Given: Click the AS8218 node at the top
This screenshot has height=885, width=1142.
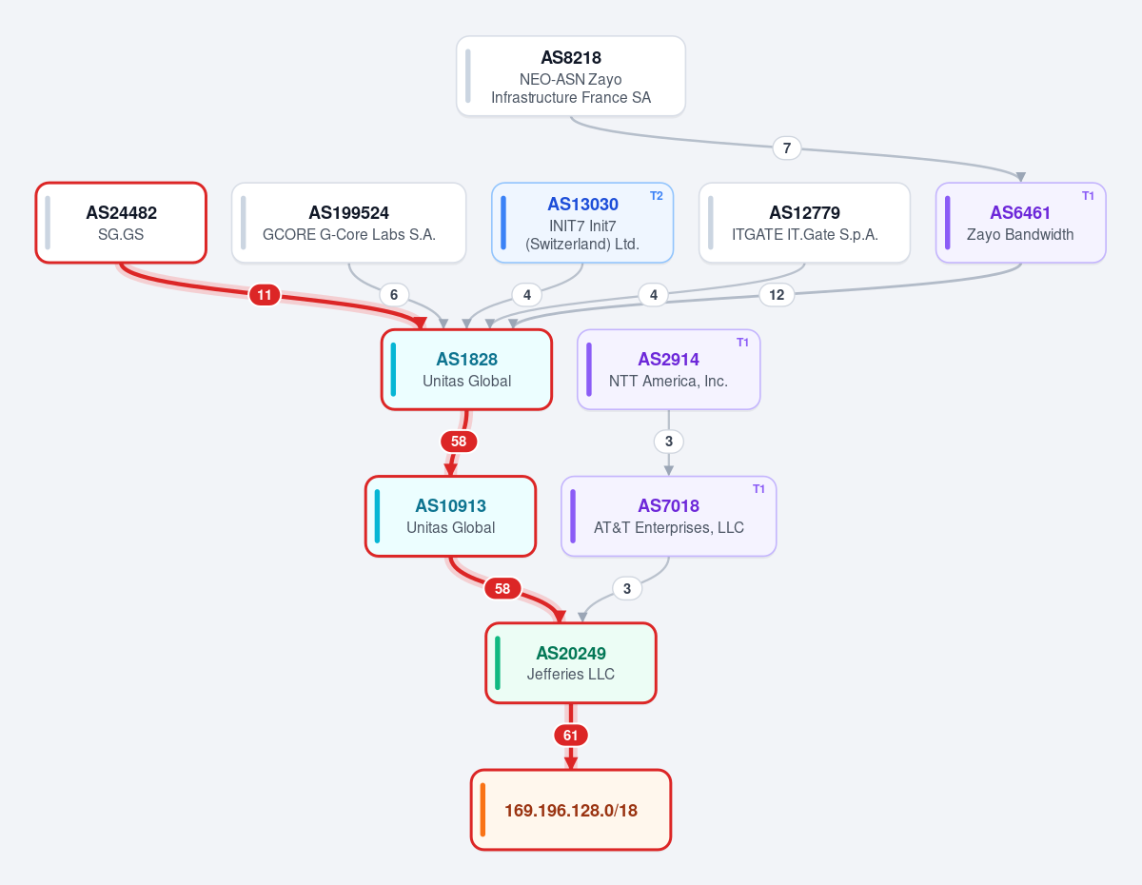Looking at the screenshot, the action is [x=571, y=76].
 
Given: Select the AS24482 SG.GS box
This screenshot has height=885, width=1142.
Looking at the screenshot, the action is [x=121, y=223].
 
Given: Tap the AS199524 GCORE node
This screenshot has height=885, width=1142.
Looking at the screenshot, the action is [x=349, y=223].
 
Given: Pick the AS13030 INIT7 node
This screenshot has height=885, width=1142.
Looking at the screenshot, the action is [x=582, y=223].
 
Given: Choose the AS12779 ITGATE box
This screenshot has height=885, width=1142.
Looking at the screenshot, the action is [x=804, y=223].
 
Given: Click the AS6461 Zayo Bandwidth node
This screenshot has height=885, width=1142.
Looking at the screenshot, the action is [x=1020, y=223].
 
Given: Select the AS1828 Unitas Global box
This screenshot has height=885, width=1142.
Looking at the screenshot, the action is [x=466, y=369].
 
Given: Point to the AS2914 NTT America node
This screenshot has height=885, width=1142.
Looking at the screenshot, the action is [x=668, y=369].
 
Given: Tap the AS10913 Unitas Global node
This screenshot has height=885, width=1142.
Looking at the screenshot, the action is [x=450, y=516].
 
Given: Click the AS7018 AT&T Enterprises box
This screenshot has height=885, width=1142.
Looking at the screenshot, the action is [x=668, y=516].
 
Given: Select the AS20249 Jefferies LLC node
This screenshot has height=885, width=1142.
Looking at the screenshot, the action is [x=571, y=662].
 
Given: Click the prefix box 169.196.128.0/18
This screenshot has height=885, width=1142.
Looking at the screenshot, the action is [x=571, y=810].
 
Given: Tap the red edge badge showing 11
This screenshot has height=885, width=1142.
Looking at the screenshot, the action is [x=265, y=295].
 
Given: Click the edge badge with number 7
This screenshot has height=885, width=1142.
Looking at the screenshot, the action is [x=787, y=148].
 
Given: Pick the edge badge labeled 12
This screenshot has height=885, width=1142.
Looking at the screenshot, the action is [x=777, y=295].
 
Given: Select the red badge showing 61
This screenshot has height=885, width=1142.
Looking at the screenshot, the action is [x=571, y=736].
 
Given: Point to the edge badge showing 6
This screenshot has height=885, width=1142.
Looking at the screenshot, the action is [x=394, y=295].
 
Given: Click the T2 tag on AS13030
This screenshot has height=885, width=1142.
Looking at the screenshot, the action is [x=657, y=196].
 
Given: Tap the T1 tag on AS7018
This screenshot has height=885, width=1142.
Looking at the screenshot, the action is [x=758, y=489].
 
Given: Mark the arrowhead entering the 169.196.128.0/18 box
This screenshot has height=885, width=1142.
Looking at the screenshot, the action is [x=571, y=763].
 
